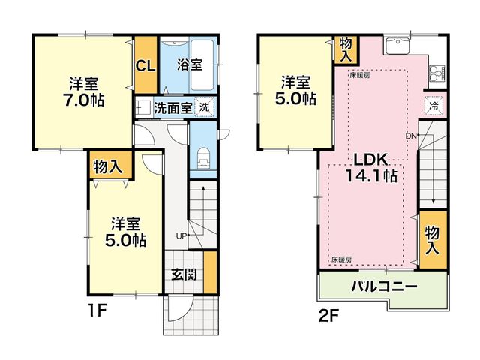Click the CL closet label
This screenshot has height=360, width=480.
pyautogui.click(x=145, y=65)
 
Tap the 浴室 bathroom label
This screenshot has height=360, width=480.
pyautogui.click(x=190, y=64)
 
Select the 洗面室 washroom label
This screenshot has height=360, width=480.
pyautogui.click(x=173, y=108)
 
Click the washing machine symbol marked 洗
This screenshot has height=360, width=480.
pyautogui.click(x=205, y=107)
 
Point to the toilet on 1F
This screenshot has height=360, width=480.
pyautogui.click(x=203, y=158)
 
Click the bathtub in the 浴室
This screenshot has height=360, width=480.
pyautogui.click(x=202, y=65)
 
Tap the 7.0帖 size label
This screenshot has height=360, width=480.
pyautogui.click(x=83, y=100)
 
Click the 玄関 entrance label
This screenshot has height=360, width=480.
pyautogui.click(x=184, y=274)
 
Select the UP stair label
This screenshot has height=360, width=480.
pyautogui.click(x=181, y=235)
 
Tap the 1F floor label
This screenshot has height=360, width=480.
pyautogui.click(x=97, y=312)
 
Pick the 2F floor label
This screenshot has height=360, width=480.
pyautogui.click(x=329, y=316)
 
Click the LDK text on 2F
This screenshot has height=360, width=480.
pyautogui.click(x=371, y=160)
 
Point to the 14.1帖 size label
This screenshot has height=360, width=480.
pyautogui.click(x=371, y=175)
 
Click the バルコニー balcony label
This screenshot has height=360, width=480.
pyautogui.click(x=384, y=286)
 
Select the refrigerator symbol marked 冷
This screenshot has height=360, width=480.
pyautogui.click(x=433, y=106)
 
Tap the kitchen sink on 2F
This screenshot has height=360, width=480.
pyautogui.click(x=397, y=45)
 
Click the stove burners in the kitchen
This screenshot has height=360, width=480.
pyautogui.click(x=436, y=73)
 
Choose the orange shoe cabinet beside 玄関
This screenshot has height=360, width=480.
pyautogui.click(x=210, y=272)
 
